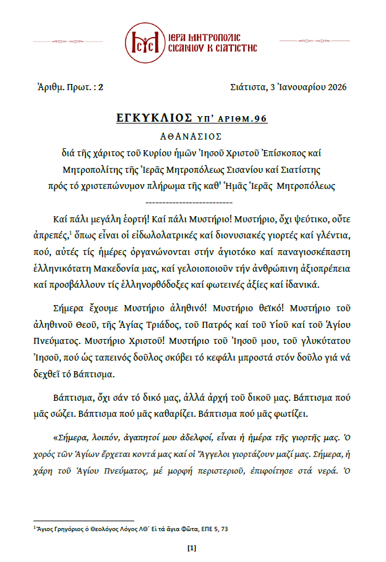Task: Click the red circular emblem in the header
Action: coord(144,41)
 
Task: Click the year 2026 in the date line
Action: coord(335,87)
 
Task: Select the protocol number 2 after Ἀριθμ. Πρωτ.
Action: coord(100,87)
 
